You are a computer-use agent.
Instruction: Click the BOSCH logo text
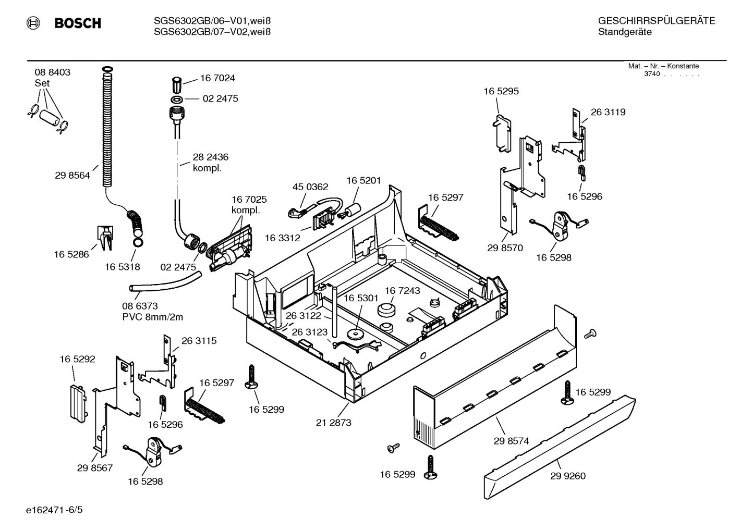pos(78,23)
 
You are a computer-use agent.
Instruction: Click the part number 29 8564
pos(72,176)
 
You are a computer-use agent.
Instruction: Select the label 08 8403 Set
pos(52,77)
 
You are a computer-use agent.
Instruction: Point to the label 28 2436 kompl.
pos(210,162)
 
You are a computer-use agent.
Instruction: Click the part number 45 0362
pos(310,187)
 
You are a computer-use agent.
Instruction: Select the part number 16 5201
pos(363,180)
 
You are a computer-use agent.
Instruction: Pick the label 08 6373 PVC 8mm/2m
pos(152,312)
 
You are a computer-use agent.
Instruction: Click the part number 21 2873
pos(333,423)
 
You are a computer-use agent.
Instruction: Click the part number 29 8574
pos(511,441)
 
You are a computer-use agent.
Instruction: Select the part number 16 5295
pos(501,91)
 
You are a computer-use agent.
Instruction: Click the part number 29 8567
pos(95,468)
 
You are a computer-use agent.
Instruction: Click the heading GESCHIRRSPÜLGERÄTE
pos(656,21)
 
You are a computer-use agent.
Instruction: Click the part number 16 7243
pos(402,290)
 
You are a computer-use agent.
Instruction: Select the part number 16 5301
pos(360,298)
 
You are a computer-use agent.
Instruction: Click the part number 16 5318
pos(122,267)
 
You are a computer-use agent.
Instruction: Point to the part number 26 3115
pos(199,341)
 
